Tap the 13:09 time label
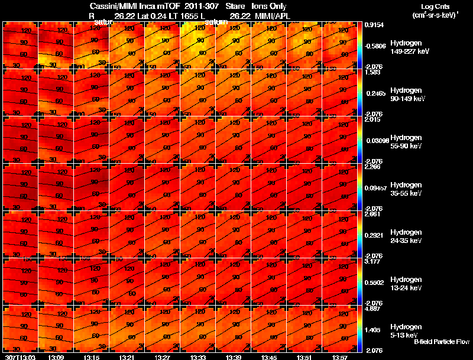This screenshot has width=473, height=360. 56,357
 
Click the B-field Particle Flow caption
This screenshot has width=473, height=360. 441,341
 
